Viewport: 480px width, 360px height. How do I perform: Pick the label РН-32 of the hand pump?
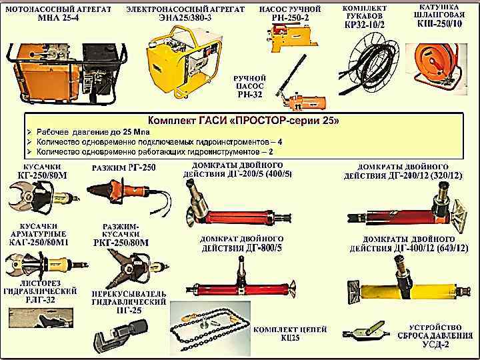point(250,95)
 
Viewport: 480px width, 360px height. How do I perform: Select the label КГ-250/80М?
point(43,175)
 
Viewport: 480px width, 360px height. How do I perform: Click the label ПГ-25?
point(129,311)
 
